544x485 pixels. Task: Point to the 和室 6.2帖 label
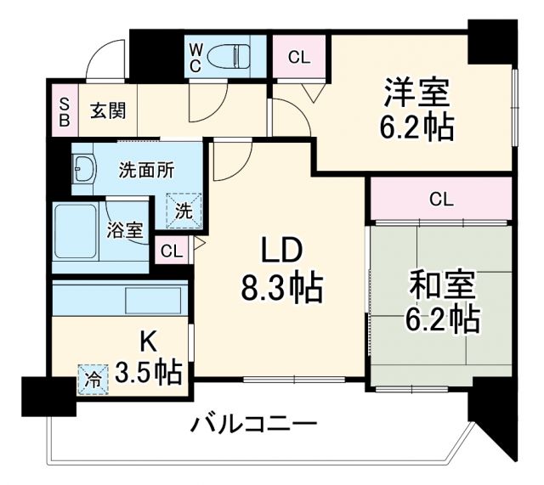pyautogui.click(x=441, y=301)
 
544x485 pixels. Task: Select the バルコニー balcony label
pyautogui.click(x=253, y=422)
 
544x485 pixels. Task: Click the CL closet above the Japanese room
pyautogui.click(x=440, y=200)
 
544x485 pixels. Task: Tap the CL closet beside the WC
pyautogui.click(x=297, y=57)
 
